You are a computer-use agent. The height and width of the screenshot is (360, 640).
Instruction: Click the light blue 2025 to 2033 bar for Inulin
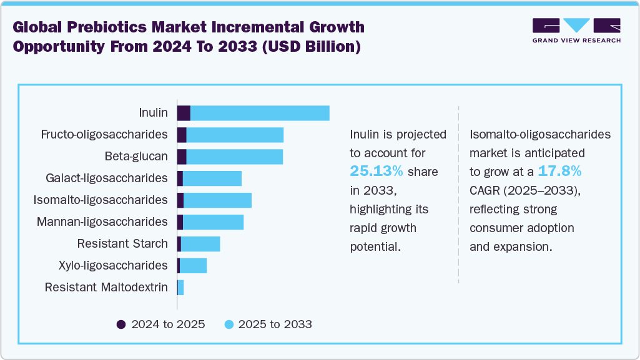coord(260,113)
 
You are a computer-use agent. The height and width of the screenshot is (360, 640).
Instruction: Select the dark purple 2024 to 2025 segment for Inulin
coord(184,113)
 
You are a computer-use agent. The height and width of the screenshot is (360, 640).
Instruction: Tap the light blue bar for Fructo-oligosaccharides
coord(235,135)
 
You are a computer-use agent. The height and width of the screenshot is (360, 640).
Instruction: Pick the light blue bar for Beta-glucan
coord(234,157)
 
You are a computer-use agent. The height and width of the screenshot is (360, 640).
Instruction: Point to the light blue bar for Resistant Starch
coord(200,244)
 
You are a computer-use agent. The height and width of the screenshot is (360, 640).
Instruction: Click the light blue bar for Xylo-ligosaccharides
coord(193,266)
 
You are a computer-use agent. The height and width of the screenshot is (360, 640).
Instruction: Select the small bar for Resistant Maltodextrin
coord(180,288)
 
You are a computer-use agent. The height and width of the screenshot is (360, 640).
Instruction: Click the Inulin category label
coord(153,113)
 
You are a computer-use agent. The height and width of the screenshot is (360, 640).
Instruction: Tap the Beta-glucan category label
coord(135,157)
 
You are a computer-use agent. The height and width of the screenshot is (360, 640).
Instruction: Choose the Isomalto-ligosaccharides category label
coord(101,200)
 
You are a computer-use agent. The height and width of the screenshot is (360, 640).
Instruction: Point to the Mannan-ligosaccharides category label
coord(102,222)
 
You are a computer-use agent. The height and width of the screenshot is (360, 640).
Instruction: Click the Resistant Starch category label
coord(122,244)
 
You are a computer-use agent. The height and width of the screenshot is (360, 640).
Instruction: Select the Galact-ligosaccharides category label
coord(107,178)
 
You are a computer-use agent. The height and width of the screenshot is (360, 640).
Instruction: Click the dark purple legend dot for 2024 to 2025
coord(121,324)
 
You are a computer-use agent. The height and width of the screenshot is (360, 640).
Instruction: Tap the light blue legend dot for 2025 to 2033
coord(229,324)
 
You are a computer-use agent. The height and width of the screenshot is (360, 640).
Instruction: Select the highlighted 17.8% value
coord(560,172)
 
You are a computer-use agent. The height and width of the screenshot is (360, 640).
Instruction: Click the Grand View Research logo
coord(576,31)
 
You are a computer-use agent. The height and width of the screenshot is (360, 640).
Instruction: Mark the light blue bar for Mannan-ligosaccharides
coord(213,222)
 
